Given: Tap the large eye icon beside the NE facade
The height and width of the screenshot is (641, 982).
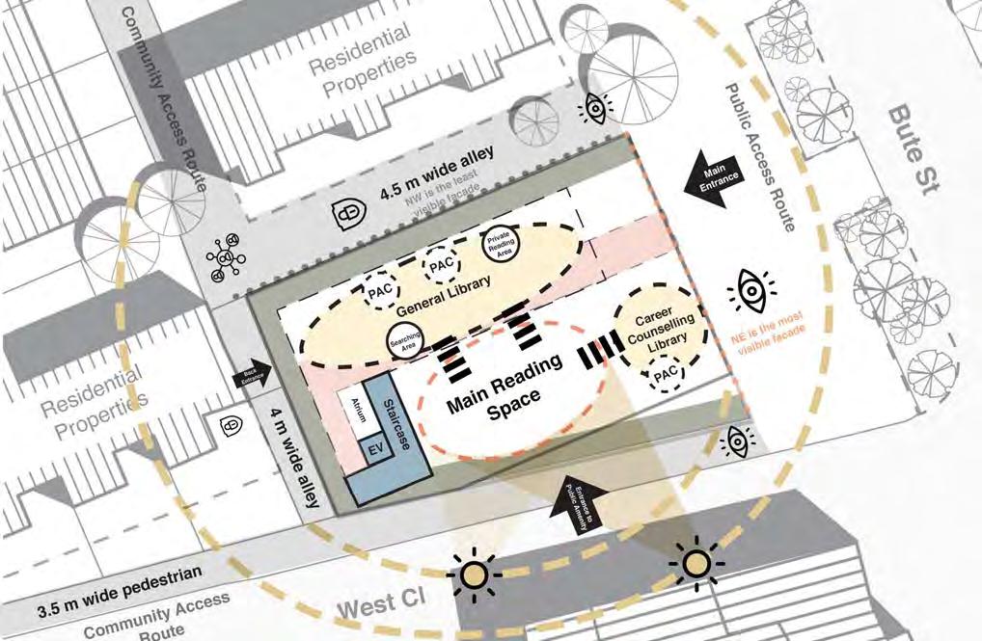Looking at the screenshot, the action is tap(751, 290).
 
